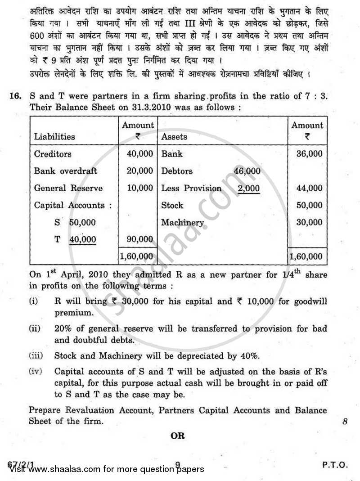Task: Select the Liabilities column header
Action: (x=54, y=136)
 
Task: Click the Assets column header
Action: (x=174, y=136)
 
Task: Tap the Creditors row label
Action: (x=53, y=154)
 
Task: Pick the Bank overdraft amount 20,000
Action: (x=139, y=171)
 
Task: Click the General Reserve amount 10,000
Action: (x=139, y=188)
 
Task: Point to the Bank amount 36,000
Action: (x=309, y=154)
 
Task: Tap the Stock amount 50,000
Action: (x=309, y=205)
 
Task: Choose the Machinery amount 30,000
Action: (x=309, y=222)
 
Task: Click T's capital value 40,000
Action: (x=82, y=240)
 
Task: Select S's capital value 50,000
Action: (x=82, y=223)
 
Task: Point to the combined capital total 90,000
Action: (x=139, y=240)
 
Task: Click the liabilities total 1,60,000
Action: (x=136, y=256)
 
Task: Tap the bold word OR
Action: (x=178, y=436)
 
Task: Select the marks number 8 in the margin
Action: (x=345, y=422)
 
